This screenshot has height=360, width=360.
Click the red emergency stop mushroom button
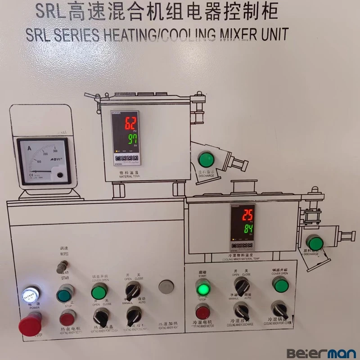coord(30,324)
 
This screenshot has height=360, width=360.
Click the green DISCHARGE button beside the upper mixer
coord(206,159)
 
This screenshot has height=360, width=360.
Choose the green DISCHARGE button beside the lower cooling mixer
coord(315,242)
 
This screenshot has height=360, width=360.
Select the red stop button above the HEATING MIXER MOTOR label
coord(67,318)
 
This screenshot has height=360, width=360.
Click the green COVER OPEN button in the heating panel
coord(99,292)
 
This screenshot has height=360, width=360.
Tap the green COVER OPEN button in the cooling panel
coord(281,285)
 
